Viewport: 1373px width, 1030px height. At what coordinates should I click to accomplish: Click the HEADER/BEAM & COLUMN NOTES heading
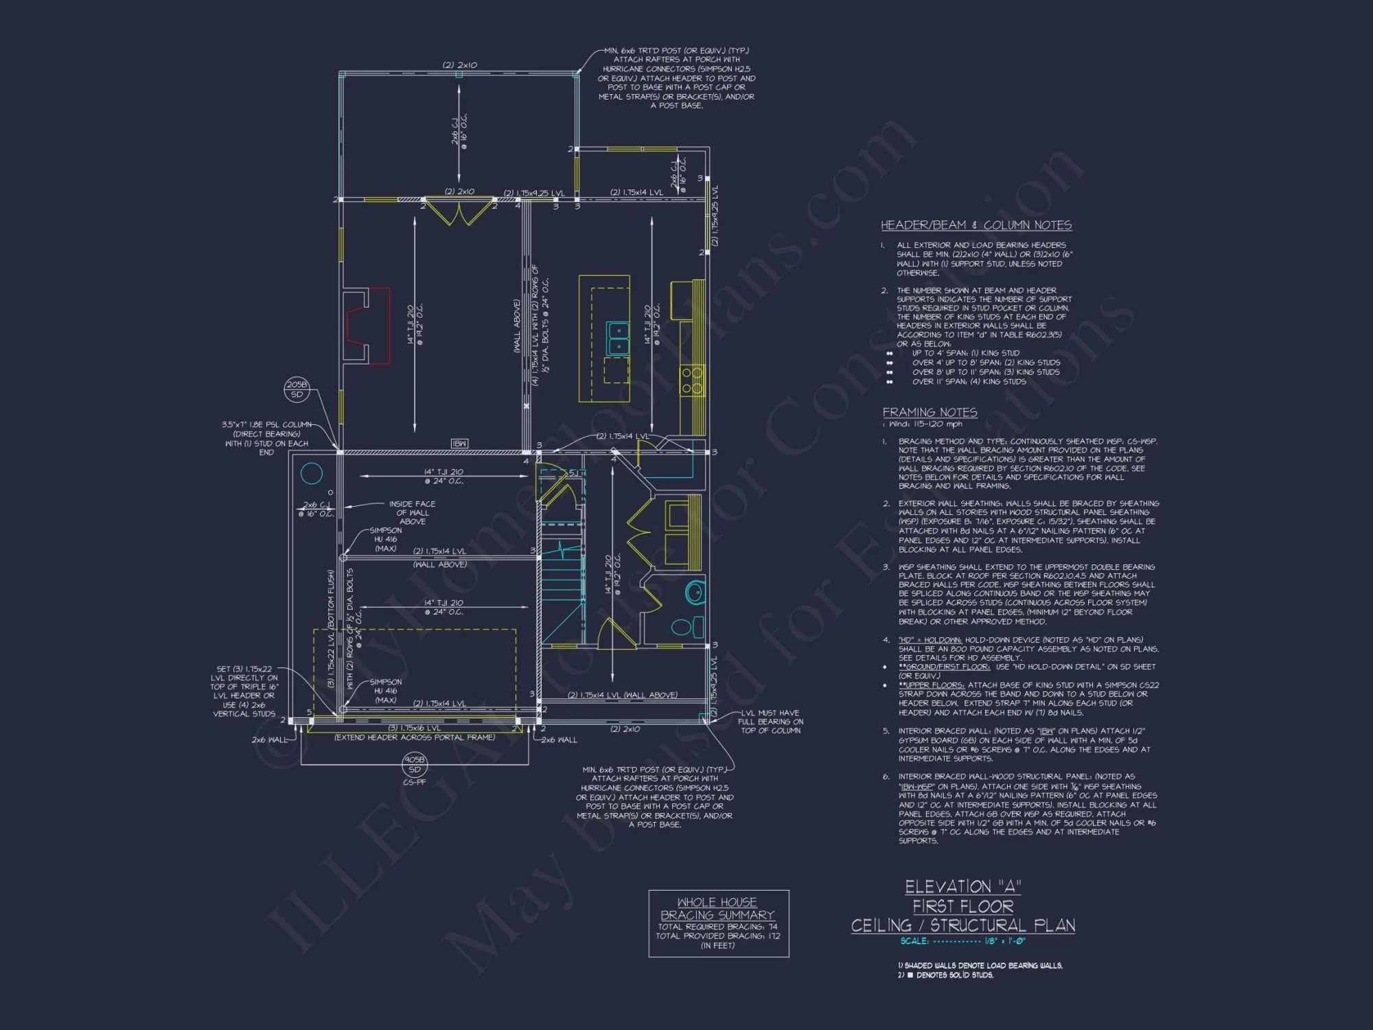coord(976,225)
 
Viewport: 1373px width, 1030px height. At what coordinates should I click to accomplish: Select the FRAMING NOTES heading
coord(930,412)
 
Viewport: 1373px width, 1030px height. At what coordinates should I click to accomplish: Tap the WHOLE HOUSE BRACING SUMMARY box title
coord(717,908)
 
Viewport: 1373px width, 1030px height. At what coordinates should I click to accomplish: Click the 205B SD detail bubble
coord(297,389)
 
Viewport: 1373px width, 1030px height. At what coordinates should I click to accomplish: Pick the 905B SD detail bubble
coord(415,764)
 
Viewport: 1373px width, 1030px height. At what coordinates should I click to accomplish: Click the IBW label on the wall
coord(460,444)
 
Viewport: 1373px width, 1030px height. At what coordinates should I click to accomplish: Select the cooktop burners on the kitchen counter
coord(691,380)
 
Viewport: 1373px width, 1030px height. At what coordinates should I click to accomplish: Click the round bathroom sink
coord(695,592)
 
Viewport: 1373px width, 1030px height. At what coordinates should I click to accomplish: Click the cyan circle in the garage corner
coord(312,474)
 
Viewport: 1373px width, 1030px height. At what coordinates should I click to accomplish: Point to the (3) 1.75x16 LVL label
coord(414,728)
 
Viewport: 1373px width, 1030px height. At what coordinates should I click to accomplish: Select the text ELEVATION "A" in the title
coord(962,887)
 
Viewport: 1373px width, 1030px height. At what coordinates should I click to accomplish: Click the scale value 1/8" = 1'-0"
coord(1005,941)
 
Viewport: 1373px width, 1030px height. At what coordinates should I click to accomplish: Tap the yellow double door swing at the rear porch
coord(458,213)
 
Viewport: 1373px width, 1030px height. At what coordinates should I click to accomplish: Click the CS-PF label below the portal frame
coord(415,782)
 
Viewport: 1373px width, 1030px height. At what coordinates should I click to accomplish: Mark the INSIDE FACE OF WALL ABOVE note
coord(412,513)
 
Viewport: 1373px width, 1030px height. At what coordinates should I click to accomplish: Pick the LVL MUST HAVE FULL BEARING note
coord(770,722)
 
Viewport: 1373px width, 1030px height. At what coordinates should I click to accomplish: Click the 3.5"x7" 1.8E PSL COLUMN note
coord(266,438)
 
